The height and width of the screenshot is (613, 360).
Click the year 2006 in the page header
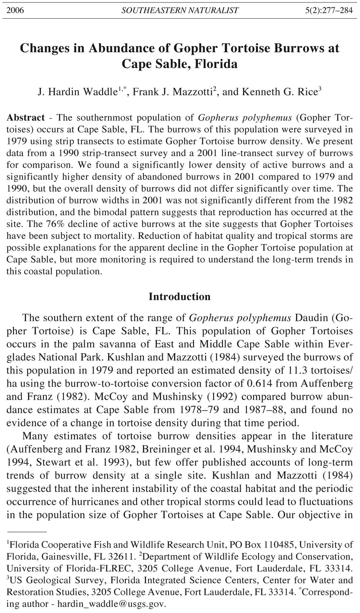pos(15,11)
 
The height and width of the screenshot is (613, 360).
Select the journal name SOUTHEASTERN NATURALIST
pos(180,11)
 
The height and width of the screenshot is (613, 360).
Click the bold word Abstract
pos(26,117)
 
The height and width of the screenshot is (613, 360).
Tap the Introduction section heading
pos(180,297)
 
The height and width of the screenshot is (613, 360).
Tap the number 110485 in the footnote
pos(279,545)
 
